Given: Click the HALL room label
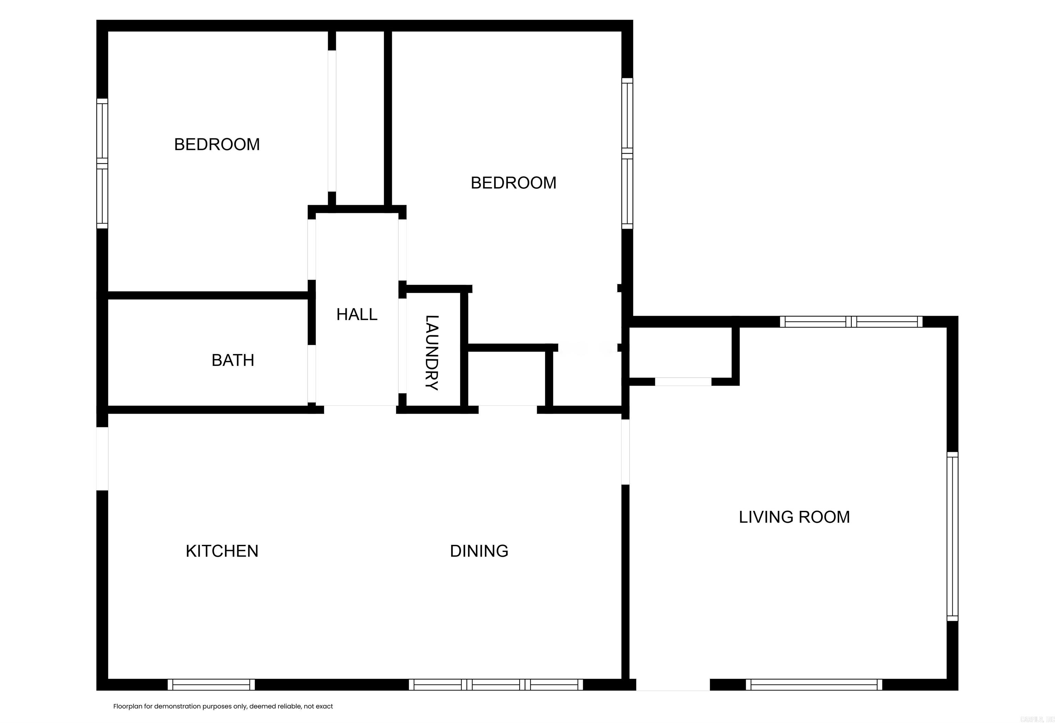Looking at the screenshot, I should [x=357, y=314].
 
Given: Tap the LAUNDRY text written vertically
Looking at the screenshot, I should [x=432, y=353].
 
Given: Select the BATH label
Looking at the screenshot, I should [x=232, y=360].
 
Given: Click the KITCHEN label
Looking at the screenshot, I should [x=222, y=551].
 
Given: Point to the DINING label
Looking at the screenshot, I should [x=479, y=551].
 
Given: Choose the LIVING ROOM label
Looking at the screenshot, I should [x=794, y=517].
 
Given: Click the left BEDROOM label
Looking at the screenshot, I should [x=217, y=144].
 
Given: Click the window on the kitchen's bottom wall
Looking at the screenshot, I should [x=211, y=685].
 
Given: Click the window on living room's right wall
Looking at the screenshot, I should [x=952, y=537].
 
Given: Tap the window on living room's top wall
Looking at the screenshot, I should [x=851, y=322].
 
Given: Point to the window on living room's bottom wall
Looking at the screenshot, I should [x=814, y=685].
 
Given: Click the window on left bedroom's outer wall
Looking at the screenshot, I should [x=102, y=163].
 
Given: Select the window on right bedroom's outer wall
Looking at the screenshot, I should [x=627, y=153].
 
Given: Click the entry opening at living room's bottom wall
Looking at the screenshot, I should [x=673, y=685].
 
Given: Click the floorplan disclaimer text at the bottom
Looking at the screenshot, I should [x=223, y=706].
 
